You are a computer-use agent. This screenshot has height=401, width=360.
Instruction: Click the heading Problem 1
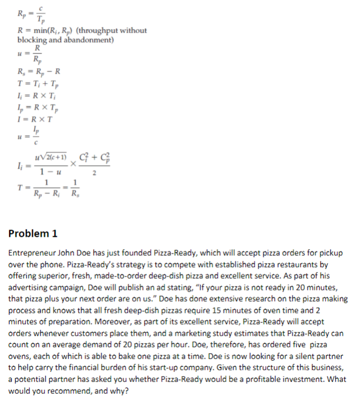[x=33, y=233]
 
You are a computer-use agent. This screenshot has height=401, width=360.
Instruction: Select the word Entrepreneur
[x=33, y=253]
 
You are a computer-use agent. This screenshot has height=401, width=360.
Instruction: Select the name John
[x=70, y=253]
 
